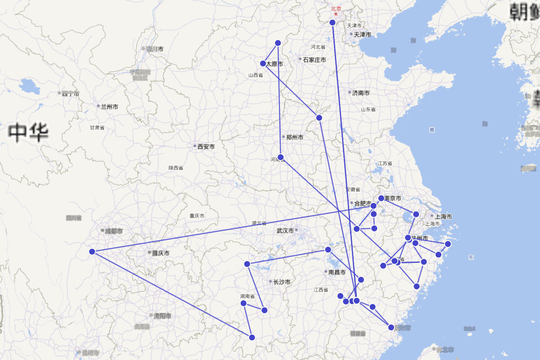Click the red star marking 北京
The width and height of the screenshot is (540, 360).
point(336,14)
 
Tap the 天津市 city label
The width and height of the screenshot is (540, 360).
point(362,35)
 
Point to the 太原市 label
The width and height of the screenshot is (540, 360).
point(274,64)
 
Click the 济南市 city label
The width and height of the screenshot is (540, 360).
point(360,93)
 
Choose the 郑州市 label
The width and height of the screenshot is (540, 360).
point(294,137)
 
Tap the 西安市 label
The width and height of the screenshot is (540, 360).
point(206,147)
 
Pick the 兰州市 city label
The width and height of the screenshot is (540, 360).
point(109,107)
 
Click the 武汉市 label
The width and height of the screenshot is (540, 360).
point(285,231)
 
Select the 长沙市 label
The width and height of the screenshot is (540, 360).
point(281,282)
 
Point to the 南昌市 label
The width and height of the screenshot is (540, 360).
point(337,272)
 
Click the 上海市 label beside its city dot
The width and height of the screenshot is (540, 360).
point(443,216)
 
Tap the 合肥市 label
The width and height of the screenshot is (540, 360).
point(363,203)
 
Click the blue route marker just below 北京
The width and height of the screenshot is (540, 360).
point(333,22)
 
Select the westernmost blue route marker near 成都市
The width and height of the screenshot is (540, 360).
point(92,252)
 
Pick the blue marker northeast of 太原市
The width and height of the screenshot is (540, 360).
point(278,43)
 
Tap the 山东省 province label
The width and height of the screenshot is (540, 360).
point(368,109)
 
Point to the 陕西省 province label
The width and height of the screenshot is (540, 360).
point(176,168)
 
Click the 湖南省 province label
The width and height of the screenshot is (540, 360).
point(247,297)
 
